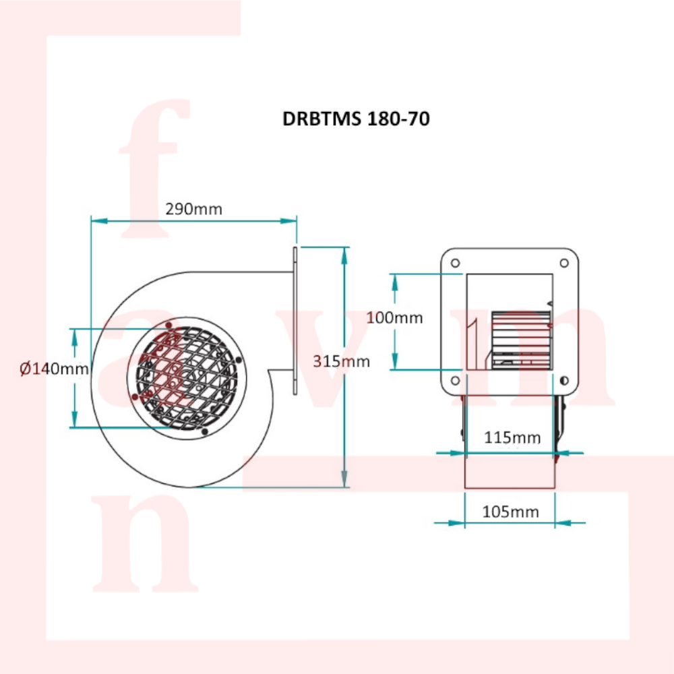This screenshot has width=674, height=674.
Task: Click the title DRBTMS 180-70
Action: [356, 119]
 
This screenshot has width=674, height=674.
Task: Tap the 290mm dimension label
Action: [194, 210]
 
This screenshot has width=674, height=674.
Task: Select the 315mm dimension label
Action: [341, 361]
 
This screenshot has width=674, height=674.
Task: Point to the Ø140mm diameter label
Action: [54, 369]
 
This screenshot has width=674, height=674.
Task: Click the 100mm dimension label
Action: [394, 317]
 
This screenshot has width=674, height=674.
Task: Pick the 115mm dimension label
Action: [512, 437]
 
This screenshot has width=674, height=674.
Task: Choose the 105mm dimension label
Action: [510, 512]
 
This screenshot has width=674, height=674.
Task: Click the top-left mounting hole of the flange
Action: [455, 263]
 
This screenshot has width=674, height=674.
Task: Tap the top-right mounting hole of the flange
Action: [564, 263]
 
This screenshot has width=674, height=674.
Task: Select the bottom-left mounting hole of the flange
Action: [455, 380]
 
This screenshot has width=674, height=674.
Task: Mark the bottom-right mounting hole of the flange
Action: [564, 380]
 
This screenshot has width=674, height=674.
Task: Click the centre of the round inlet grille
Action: [187, 378]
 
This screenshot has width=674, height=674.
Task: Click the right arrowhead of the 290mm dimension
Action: [288, 221]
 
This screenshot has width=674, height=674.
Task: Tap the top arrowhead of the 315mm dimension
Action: [344, 255]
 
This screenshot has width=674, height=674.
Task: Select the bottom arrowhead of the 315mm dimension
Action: [344, 479]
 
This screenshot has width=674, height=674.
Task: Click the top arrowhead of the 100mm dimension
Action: [395, 282]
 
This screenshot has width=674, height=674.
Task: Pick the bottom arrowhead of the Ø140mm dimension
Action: [75, 419]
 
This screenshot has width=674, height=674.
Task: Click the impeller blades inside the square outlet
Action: [521, 340]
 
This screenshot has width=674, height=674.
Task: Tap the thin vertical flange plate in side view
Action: [295, 321]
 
